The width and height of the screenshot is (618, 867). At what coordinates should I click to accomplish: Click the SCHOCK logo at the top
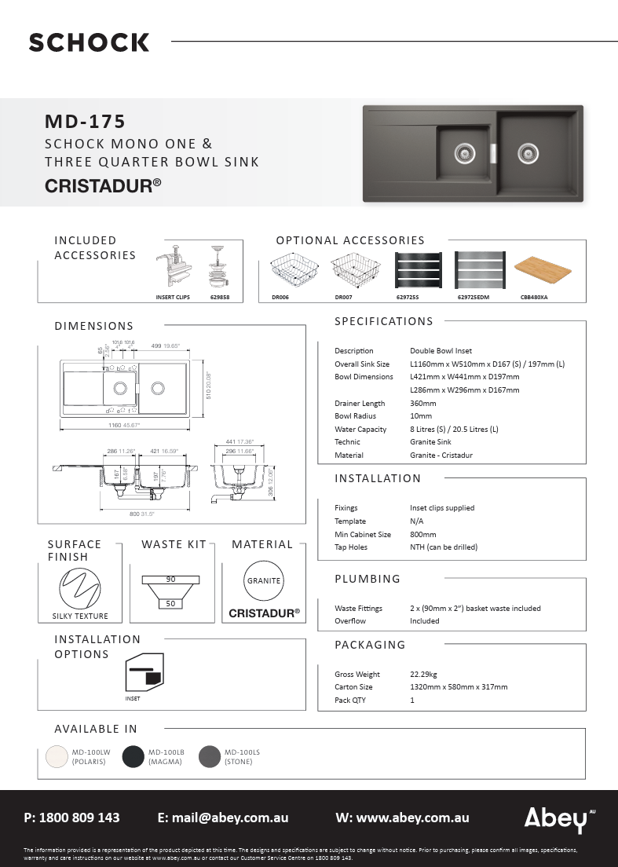click(89, 42)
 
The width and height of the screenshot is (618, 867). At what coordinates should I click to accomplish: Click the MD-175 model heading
click(85, 122)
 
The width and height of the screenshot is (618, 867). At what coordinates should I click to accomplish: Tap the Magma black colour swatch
click(133, 756)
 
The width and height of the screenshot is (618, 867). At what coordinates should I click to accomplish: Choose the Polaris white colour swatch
click(57, 756)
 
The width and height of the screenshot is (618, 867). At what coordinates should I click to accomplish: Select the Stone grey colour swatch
click(210, 756)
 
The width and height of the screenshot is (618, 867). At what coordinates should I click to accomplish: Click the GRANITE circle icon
click(264, 581)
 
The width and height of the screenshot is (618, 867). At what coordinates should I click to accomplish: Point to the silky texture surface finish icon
click(80, 587)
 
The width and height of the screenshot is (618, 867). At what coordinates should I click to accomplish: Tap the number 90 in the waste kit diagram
click(170, 580)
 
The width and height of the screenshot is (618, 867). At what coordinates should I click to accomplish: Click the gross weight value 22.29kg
click(424, 674)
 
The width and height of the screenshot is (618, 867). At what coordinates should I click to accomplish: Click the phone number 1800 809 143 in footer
click(79, 818)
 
